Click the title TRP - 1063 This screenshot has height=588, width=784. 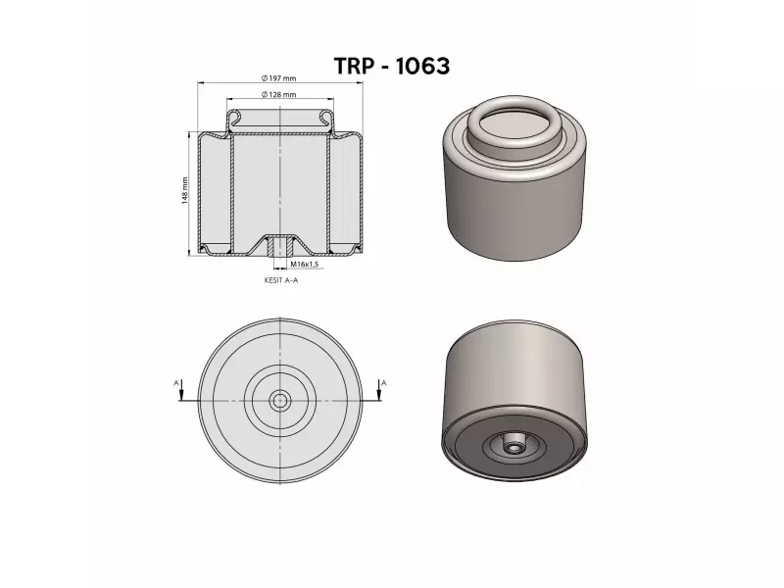tap(391, 66)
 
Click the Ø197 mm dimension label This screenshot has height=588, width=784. tap(279, 78)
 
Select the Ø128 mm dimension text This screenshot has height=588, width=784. tap(279, 94)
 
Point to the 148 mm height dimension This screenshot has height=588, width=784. tap(184, 190)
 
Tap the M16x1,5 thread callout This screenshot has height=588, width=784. tap(305, 264)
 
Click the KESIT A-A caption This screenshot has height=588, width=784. tap(281, 280)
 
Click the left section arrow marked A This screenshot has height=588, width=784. tap(181, 390)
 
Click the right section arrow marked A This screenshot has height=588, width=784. tap(379, 390)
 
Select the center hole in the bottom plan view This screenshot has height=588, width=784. tap(280, 400)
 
